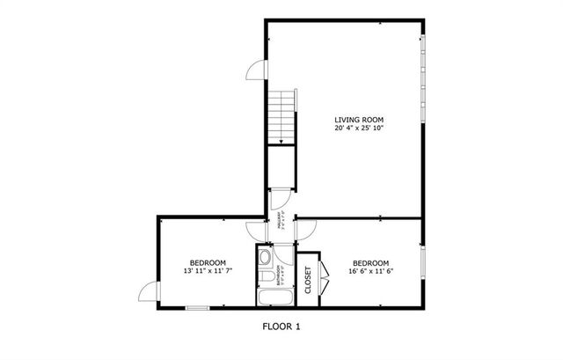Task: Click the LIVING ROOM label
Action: tap(358, 120)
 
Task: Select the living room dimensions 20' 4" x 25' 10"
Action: tap(358, 129)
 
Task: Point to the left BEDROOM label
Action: tap(208, 262)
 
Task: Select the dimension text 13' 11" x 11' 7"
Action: tap(208, 271)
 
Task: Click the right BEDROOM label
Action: tap(370, 262)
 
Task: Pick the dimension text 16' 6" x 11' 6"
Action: tap(370, 271)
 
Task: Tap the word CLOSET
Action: tap(308, 280)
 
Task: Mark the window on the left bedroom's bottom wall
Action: tap(197, 307)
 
